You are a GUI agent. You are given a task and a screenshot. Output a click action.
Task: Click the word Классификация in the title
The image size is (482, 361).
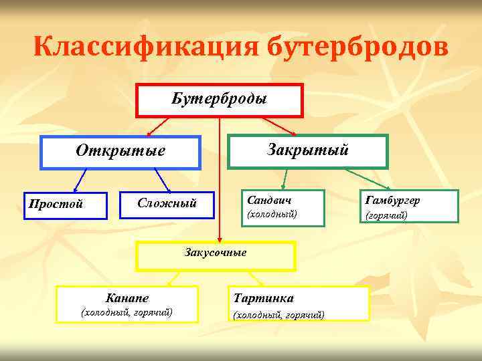point(145,47)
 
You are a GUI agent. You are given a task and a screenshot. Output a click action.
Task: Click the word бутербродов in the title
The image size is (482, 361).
point(355,47)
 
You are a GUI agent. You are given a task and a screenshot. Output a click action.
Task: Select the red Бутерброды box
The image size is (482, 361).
point(220,100)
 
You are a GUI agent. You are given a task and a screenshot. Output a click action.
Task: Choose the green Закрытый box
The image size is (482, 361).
point(308,150)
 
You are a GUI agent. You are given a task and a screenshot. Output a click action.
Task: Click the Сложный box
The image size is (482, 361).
point(167,203)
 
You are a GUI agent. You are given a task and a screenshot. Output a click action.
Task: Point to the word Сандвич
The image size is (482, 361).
point(269,200)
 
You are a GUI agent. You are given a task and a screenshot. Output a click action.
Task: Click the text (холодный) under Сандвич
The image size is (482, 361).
point(272,215)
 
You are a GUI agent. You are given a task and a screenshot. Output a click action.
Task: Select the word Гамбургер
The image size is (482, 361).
point(393,200)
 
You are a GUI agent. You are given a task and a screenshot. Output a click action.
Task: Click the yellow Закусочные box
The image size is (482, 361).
point(216,253)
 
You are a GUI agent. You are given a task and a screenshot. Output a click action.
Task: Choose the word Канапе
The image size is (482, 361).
point(127,297)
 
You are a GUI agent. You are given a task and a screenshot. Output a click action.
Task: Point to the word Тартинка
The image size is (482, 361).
point(263,298)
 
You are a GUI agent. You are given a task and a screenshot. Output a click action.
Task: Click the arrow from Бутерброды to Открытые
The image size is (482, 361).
point(161,126)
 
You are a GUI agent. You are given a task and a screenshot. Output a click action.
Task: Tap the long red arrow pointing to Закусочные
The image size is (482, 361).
point(220,180)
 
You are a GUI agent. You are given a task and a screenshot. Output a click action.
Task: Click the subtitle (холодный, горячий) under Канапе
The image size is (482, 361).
point(127,312)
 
